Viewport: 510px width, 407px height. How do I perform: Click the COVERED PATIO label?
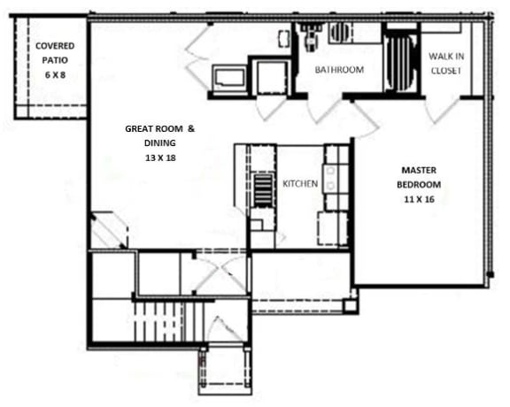pyautogui.click(x=54, y=52)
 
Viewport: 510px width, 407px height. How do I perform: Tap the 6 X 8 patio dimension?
pyautogui.click(x=54, y=76)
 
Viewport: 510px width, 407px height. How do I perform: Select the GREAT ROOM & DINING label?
pyautogui.click(x=159, y=135)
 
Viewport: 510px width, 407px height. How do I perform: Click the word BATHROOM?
pyautogui.click(x=340, y=70)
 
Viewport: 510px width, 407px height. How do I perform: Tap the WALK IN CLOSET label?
pyautogui.click(x=445, y=63)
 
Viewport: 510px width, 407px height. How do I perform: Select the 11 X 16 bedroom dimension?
pyautogui.click(x=420, y=201)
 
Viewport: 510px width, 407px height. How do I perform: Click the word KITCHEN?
pyautogui.click(x=299, y=183)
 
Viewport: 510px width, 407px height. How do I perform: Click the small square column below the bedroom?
pyautogui.click(x=351, y=306)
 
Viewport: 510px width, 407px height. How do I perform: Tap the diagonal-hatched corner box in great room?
pyautogui.click(x=108, y=229)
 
